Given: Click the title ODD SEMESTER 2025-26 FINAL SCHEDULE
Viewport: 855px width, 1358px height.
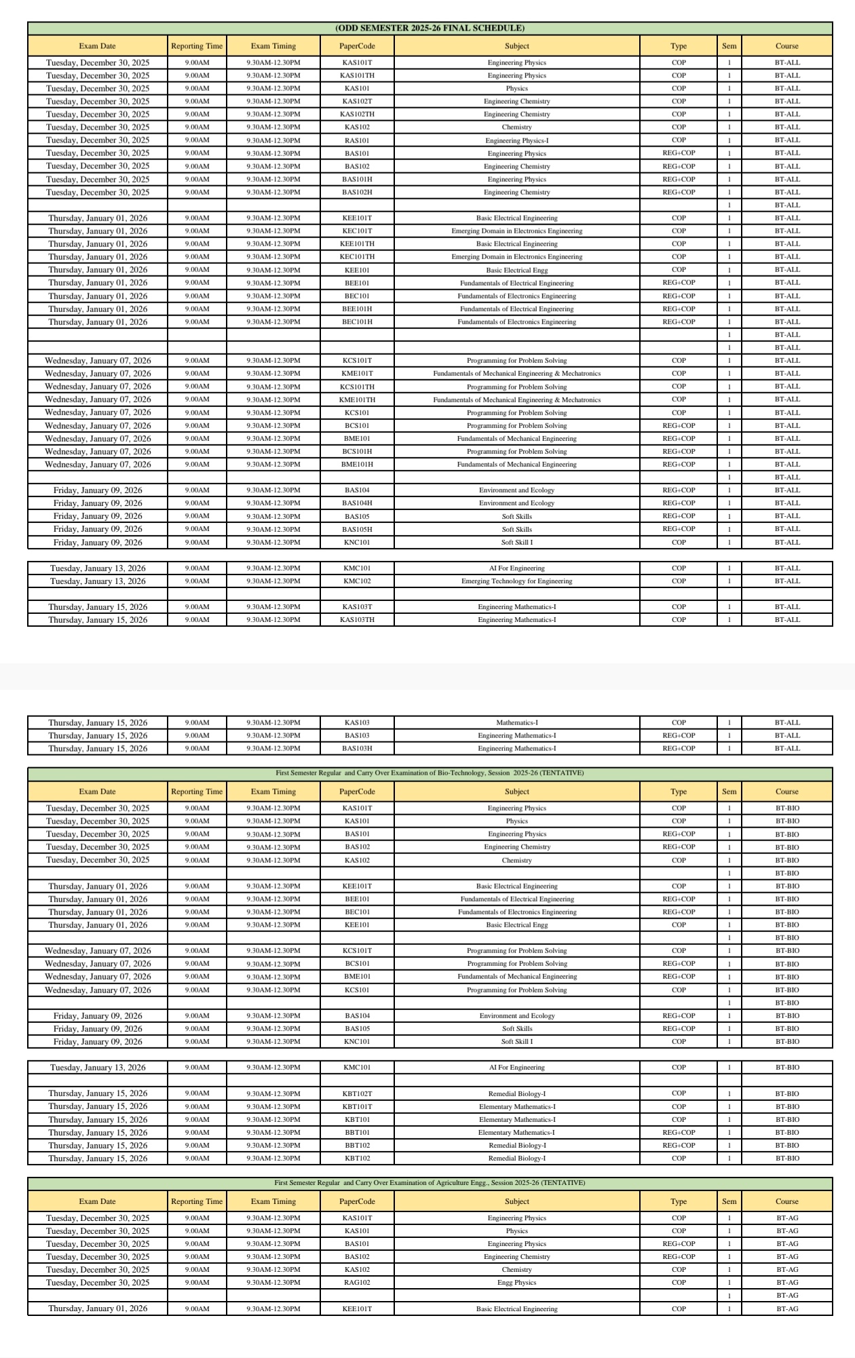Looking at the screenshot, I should pos(430,28).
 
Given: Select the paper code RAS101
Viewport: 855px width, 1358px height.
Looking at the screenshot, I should pos(357,140).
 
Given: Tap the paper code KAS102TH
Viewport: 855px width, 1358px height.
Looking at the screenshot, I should pos(357,114).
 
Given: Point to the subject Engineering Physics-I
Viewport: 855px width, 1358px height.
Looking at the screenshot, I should pos(516,140).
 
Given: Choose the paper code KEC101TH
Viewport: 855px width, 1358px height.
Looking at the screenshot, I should pos(357,256).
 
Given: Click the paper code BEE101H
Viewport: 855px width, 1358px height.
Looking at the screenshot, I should pos(357,309).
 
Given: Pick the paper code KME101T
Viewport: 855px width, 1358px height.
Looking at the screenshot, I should pos(357,373).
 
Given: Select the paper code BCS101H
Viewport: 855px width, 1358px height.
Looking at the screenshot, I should pos(357,451).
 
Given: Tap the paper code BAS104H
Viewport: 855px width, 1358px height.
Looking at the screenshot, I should pos(357,503).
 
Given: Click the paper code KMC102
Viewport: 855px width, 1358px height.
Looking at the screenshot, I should pos(357,581).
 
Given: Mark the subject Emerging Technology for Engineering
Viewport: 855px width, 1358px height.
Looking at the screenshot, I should pos(516,581).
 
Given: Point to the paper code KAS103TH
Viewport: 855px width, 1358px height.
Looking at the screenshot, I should pos(357,620).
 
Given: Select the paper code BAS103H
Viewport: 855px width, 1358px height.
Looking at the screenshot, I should pos(357,748).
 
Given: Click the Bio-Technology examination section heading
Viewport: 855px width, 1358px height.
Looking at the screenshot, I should pos(430,773).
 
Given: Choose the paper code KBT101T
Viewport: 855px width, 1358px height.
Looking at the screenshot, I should pos(357,1106).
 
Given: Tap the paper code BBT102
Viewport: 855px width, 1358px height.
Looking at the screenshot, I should pos(357,1145).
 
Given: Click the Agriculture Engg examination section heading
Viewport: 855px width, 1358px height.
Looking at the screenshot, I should pos(430,1182).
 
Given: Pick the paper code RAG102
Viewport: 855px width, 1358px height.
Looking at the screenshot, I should pos(357,1283).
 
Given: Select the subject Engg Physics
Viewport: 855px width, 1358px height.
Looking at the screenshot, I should pos(516,1283).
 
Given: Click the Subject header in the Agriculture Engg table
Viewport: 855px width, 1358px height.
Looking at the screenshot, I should pos(516,1201).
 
